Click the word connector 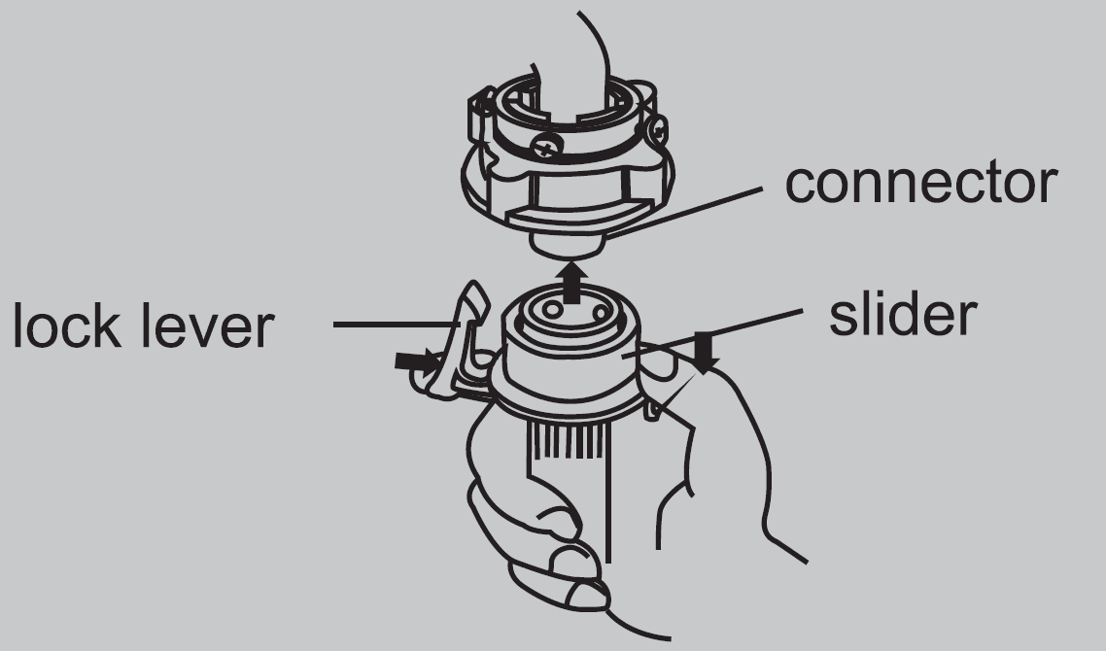coord(921,183)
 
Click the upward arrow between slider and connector coord(572,282)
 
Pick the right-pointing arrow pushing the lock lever coord(418,361)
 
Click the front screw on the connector coord(546,147)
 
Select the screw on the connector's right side coord(656,130)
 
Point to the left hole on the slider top coord(552,310)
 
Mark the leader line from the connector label coord(684,213)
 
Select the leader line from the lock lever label coord(397,325)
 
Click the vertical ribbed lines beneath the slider coord(565,441)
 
